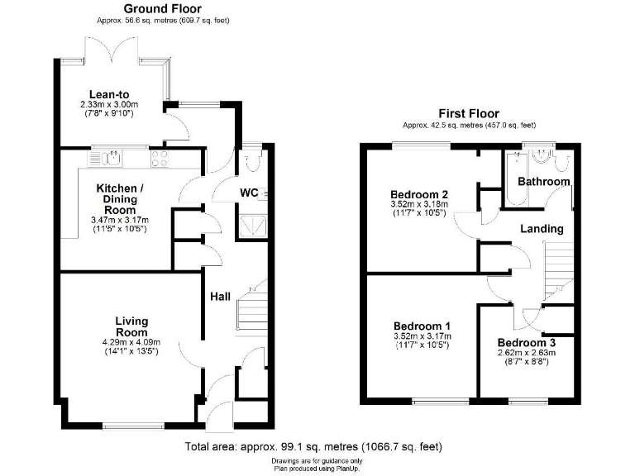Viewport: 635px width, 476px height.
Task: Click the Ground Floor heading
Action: tap(162, 8)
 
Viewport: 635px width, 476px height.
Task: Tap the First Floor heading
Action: tap(469, 113)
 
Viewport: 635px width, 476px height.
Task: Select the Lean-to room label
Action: tap(109, 94)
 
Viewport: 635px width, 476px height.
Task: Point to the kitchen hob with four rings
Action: tap(160, 159)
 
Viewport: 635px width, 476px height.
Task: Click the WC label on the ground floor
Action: tap(249, 193)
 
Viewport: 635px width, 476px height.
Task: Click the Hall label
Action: tap(220, 297)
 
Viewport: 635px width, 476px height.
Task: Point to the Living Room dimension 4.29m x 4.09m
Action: tap(131, 342)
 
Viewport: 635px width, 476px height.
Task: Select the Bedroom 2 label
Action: tap(419, 194)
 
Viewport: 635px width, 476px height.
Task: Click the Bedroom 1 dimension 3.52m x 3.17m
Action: tap(423, 336)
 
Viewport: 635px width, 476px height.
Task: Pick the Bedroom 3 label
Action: tap(527, 343)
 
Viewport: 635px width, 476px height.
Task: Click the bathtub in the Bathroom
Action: tap(516, 178)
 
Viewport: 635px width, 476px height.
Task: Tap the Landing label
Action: tap(542, 229)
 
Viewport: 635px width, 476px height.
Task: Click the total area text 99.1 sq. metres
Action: tap(298, 447)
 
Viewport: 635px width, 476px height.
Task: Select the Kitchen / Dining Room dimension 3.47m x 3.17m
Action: tap(120, 221)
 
